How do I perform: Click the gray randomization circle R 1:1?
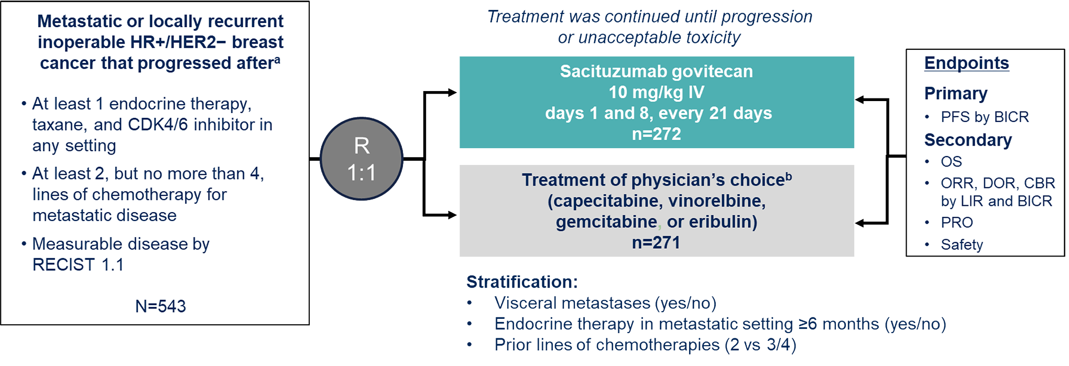(x=362, y=159)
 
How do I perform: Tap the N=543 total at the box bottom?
(x=160, y=306)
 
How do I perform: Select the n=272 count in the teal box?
(x=656, y=134)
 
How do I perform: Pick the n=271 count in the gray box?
(x=656, y=242)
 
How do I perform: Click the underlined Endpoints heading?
(x=966, y=63)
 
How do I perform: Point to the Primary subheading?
(x=956, y=93)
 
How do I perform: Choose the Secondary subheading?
(x=968, y=140)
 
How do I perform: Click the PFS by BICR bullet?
(x=984, y=117)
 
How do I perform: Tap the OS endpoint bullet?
(x=951, y=161)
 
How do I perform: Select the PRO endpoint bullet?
(x=956, y=223)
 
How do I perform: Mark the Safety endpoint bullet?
(x=962, y=245)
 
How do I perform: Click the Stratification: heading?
(x=522, y=282)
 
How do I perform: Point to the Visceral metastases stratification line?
(x=605, y=303)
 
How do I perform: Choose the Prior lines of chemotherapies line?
(x=645, y=345)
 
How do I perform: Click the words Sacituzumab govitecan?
(x=656, y=71)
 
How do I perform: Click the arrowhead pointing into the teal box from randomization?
(x=452, y=93)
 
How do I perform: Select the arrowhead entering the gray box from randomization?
(x=452, y=215)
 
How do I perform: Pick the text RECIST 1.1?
(x=78, y=265)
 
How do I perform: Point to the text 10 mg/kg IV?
(x=656, y=92)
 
